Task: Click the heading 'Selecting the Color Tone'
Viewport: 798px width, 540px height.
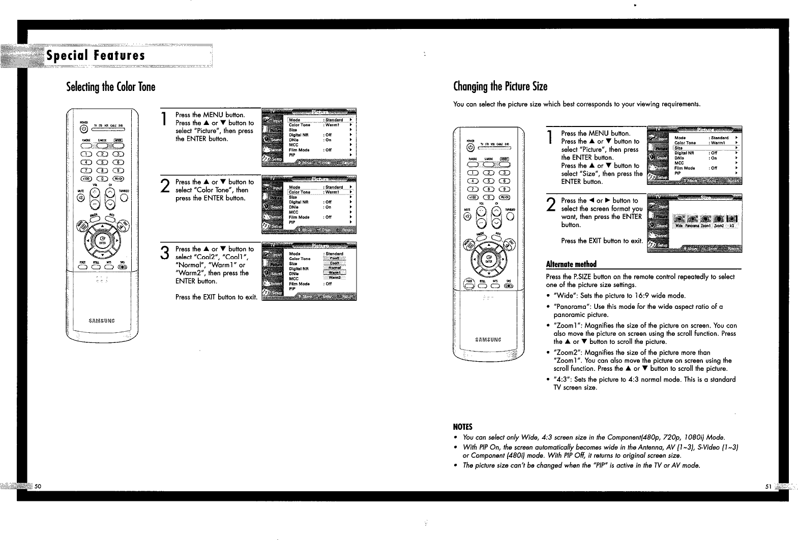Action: pos(110,87)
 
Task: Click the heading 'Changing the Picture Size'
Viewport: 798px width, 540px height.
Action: pos(500,86)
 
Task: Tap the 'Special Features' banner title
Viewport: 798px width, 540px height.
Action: pos(96,55)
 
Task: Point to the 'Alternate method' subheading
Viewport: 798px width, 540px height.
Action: pos(571,264)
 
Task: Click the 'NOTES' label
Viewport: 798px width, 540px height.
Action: pos(463,426)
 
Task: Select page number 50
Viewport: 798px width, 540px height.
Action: pos(38,486)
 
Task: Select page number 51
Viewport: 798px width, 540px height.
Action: pos(769,486)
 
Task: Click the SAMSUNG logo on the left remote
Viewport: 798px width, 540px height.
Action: pos(102,321)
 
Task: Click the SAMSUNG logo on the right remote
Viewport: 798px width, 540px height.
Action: pos(487,340)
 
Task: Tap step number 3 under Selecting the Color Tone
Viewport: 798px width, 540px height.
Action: pos(165,252)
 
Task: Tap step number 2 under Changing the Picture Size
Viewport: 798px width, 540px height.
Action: pos(550,204)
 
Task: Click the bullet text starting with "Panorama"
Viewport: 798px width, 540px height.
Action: pos(638,310)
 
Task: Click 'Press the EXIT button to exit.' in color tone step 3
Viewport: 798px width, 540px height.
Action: pos(216,297)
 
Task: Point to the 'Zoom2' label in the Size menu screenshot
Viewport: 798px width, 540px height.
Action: pos(719,226)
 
